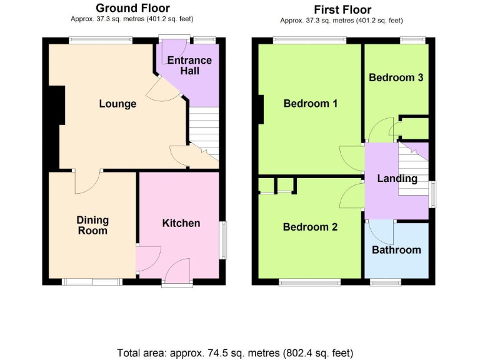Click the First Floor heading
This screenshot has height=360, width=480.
pos(342,9)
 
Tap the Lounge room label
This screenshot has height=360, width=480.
pos(117,104)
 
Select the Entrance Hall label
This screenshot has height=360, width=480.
pos(189,66)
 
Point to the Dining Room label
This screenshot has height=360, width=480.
pos(92,225)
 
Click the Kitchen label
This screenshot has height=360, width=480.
pos(181,223)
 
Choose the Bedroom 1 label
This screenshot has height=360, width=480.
pos(311,103)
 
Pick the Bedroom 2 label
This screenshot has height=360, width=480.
pos(310,227)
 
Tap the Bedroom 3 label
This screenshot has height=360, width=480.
pos(396,77)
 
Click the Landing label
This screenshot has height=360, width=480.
pos(397,179)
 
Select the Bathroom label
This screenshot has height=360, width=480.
pos(396,250)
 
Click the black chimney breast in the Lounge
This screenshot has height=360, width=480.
pos(55,106)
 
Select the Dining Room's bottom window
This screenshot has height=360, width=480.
pos(92,282)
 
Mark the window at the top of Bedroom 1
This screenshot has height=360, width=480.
pos(309,41)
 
